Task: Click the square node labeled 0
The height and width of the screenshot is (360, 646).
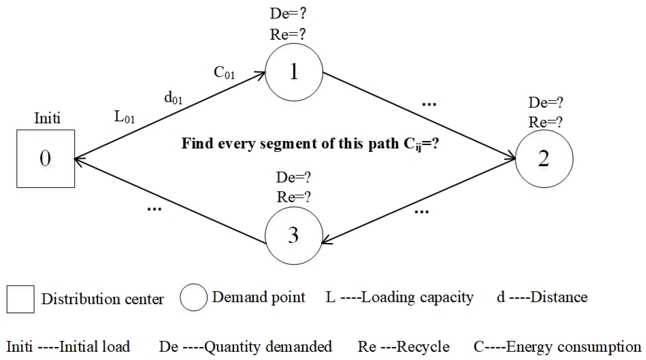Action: click(x=46, y=158)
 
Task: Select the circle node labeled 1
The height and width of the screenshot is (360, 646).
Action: click(x=294, y=72)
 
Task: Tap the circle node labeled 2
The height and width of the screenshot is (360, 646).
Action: click(x=544, y=158)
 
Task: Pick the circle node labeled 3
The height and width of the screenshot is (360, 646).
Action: click(x=294, y=236)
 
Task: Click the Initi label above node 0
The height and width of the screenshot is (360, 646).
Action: click(x=47, y=118)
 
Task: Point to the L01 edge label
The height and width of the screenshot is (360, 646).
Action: click(x=124, y=118)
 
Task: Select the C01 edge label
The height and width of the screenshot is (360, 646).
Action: click(x=224, y=73)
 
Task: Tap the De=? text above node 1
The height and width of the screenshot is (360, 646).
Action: click(x=288, y=14)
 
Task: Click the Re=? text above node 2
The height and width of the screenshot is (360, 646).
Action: click(x=545, y=122)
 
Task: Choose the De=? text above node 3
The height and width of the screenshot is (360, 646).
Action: click(x=293, y=177)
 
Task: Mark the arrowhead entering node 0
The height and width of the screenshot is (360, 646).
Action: click(x=79, y=159)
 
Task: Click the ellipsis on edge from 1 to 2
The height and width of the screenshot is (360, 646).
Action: click(x=429, y=104)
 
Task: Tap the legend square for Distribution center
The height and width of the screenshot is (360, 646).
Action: click(x=21, y=299)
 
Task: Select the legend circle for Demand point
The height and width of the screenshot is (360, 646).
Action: click(x=193, y=297)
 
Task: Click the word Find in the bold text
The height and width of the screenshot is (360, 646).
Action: click(x=197, y=143)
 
